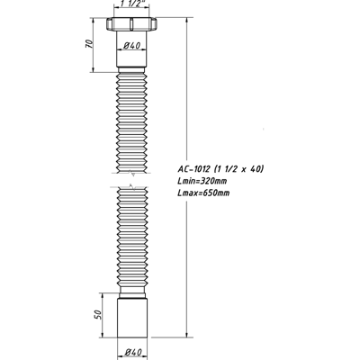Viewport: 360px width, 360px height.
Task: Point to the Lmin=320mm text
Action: [x=202, y=181]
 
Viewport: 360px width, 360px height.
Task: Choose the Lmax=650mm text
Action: [x=203, y=193]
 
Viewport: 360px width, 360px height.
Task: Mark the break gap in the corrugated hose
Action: [x=132, y=179]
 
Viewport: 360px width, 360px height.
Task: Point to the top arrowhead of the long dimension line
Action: [x=185, y=18]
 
